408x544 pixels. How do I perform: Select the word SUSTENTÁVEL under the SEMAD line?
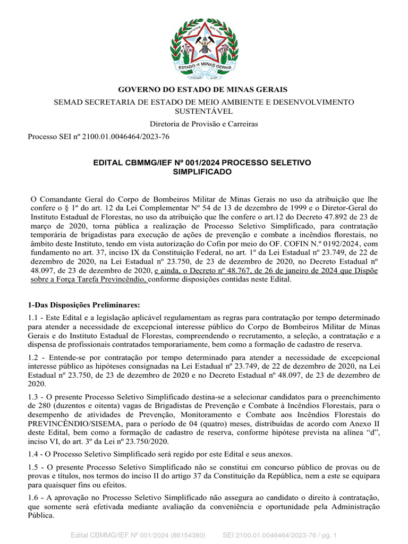[x=204, y=111]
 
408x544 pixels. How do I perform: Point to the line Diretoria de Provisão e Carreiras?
[x=203, y=124]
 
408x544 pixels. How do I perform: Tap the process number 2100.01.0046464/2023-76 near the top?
[x=123, y=137]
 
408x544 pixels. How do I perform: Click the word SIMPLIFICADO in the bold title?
[x=202, y=172]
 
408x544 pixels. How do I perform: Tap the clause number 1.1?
[x=33, y=317]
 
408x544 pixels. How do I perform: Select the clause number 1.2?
[x=33, y=357]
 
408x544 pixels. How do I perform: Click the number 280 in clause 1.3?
[x=33, y=406]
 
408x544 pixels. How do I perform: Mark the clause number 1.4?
[x=33, y=454]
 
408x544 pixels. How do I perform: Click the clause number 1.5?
[x=33, y=466]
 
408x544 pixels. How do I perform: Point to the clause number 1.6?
[x=33, y=496]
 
